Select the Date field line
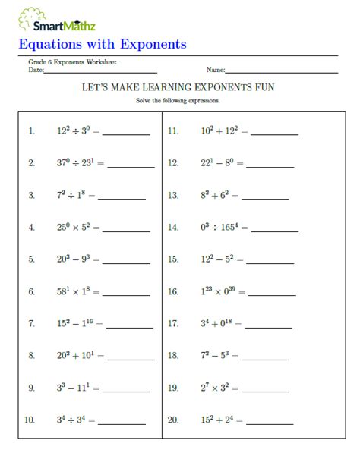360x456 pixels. pos(100,72)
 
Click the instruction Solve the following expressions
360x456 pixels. pos(178,100)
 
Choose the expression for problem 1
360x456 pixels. pos(76,131)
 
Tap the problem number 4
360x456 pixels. pos(32,228)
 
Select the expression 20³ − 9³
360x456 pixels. pos(77,259)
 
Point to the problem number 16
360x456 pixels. pos(173,291)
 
